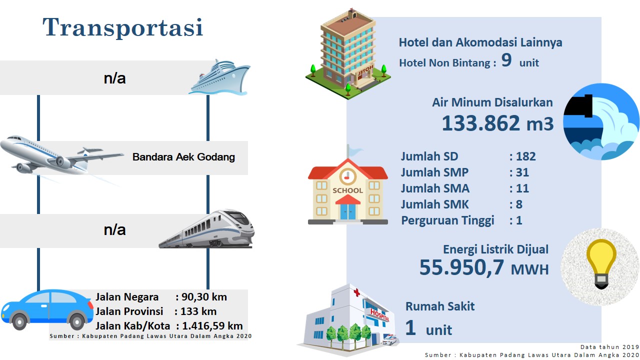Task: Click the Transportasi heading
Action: (x=123, y=27)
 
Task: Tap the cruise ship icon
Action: (x=219, y=77)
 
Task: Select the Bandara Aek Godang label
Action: (x=183, y=157)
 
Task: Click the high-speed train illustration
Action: (x=206, y=229)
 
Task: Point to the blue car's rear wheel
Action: (x=76, y=322)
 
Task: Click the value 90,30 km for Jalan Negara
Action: (x=204, y=297)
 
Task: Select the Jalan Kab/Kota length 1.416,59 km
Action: (x=212, y=326)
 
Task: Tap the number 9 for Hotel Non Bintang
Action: (x=506, y=60)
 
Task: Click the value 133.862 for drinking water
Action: (x=480, y=123)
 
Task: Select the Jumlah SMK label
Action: (x=434, y=204)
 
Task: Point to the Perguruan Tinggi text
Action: (x=447, y=220)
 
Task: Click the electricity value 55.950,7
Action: (x=461, y=267)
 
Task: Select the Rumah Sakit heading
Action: (x=440, y=306)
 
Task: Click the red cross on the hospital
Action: (x=356, y=292)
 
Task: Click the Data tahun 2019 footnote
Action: (x=609, y=347)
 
